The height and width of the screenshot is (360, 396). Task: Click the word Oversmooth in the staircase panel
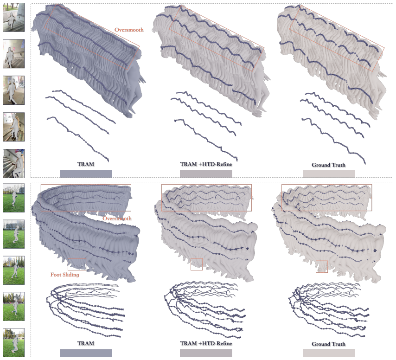[129, 30]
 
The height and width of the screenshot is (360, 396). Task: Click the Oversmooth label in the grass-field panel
[117, 219]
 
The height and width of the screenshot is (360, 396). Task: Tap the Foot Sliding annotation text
[64, 275]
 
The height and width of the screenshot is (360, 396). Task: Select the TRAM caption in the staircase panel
[86, 164]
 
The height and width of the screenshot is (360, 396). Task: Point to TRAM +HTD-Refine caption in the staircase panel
[206, 164]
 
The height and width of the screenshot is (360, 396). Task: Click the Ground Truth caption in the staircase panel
[329, 165]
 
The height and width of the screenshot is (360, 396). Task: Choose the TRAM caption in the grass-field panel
[86, 343]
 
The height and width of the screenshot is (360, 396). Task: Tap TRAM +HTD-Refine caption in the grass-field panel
[206, 343]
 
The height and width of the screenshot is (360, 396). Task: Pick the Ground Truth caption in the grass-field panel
[329, 344]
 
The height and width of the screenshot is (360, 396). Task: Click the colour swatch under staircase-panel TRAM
[86, 174]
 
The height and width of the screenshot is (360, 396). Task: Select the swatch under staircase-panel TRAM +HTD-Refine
[206, 174]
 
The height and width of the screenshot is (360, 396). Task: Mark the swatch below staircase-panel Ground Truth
[329, 174]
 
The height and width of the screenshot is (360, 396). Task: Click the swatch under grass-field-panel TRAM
[86, 353]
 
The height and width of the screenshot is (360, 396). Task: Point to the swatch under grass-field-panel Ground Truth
[329, 353]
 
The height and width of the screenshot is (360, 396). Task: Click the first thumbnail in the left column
[13, 18]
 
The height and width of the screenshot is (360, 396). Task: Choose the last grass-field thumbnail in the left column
[13, 342]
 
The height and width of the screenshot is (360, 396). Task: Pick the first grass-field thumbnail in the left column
[13, 198]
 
